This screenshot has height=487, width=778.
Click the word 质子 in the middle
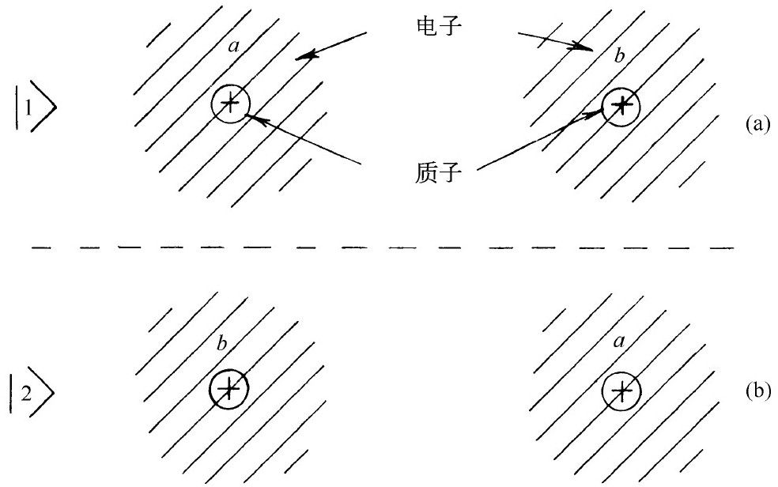[432, 170]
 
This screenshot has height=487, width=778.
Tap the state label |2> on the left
[36, 389]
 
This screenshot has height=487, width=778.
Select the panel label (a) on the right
[757, 124]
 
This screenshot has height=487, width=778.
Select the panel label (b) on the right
[757, 391]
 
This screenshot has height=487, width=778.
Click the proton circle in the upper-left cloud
[230, 103]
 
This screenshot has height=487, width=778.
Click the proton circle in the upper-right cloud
[621, 104]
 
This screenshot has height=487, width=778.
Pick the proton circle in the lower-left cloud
[229, 389]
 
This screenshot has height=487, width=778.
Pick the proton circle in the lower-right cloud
[621, 391]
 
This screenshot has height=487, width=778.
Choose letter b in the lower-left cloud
[222, 345]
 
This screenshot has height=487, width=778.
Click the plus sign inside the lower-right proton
[621, 391]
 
